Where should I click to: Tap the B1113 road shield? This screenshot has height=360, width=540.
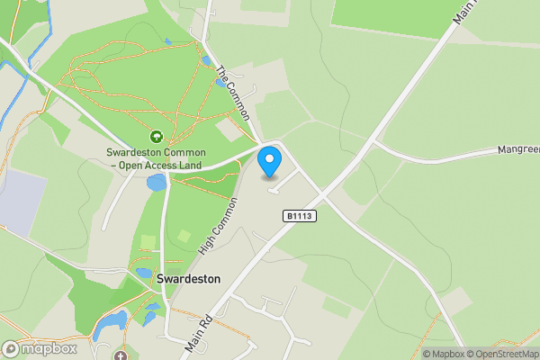pos(300,216)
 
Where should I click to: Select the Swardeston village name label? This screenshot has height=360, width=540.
pos(188,279)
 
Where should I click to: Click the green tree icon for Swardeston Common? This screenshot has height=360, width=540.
pos(156,137)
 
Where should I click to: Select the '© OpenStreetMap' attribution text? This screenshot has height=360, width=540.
pos(507,354)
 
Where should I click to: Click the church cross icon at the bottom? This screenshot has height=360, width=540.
pos(122,355)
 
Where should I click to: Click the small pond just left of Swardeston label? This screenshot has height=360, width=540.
pos(143,273)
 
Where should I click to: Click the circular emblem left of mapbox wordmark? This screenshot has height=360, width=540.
pos(11,348)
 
